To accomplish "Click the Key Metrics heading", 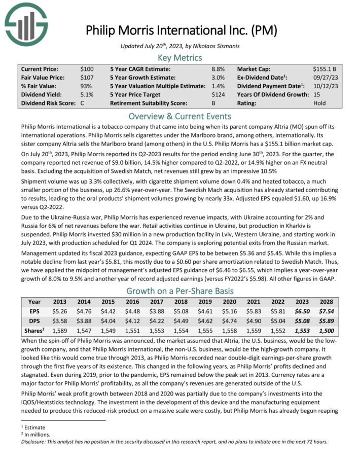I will point(180,58).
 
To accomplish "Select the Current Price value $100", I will point(87,68).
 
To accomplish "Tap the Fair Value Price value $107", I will point(87,77).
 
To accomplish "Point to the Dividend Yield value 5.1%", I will point(87,94).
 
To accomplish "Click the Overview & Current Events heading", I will point(180,115).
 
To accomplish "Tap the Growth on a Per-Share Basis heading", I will point(180,291).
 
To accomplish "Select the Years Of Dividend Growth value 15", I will point(317,94).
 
